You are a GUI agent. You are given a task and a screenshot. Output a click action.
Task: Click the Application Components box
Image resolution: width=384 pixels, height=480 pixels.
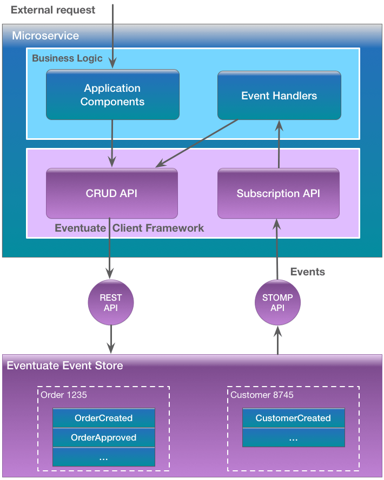pyautogui.click(x=112, y=94)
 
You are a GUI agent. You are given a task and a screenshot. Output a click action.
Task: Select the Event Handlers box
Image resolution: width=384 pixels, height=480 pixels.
pyautogui.click(x=279, y=96)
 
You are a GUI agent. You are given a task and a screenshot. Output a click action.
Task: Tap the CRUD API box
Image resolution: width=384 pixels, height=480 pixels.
pyautogui.click(x=111, y=193)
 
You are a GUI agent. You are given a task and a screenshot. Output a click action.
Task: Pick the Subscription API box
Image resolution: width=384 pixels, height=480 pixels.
pyautogui.click(x=278, y=193)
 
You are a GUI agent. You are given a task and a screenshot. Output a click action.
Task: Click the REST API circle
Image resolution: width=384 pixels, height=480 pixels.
pyautogui.click(x=110, y=303)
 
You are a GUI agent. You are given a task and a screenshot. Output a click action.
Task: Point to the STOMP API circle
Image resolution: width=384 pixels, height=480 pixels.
pyautogui.click(x=277, y=303)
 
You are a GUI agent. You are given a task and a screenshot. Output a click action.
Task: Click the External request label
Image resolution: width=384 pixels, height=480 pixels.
pyautogui.click(x=53, y=10)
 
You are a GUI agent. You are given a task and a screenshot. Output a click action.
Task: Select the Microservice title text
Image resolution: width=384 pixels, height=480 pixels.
pyautogui.click(x=45, y=36)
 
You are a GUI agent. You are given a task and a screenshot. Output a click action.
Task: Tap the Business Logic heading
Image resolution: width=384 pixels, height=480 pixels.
pyautogui.click(x=67, y=58)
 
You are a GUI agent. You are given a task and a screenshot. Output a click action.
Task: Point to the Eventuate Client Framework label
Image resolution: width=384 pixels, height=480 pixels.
pyautogui.click(x=129, y=228)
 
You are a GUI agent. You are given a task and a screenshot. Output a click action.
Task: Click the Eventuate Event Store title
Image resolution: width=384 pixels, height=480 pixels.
pyautogui.click(x=65, y=366)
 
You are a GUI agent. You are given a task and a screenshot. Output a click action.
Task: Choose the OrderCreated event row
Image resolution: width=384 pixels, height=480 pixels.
pyautogui.click(x=103, y=418)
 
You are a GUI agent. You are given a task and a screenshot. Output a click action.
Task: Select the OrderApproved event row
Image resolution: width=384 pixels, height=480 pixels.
pyautogui.click(x=103, y=437)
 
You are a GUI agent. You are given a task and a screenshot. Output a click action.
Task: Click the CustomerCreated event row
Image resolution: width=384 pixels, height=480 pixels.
pyautogui.click(x=293, y=418)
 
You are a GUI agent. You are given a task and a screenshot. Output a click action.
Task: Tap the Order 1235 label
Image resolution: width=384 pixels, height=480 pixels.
pyautogui.click(x=64, y=395)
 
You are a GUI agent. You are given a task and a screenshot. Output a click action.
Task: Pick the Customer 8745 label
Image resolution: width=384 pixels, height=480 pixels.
pyautogui.click(x=262, y=395)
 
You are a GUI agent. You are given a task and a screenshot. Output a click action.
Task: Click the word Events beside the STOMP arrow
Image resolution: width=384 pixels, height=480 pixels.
pyautogui.click(x=307, y=272)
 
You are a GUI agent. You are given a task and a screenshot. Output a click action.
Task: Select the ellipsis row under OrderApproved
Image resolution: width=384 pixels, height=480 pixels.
pyautogui.click(x=103, y=457)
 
